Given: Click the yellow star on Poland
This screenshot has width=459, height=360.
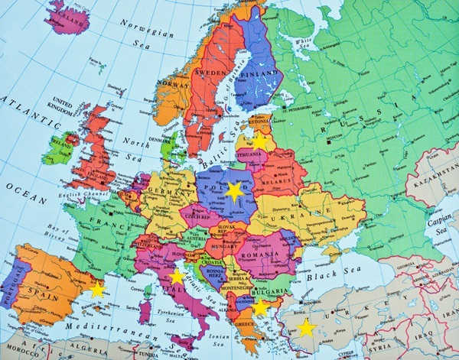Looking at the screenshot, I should (x=234, y=192).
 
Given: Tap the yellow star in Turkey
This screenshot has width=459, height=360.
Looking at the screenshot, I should (x=306, y=329).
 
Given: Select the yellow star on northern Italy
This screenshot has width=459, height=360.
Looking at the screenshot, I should (x=177, y=277).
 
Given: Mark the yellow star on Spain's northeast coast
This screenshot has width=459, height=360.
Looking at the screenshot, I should (x=97, y=290).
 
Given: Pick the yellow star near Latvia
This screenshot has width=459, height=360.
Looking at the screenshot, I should (x=260, y=142).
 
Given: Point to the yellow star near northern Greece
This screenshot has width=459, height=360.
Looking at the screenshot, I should (x=260, y=307).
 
